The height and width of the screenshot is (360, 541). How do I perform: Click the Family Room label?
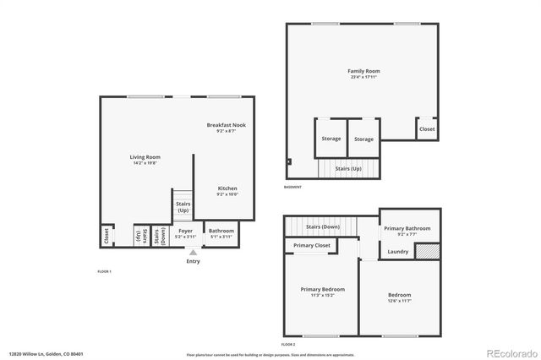[x=363, y=70]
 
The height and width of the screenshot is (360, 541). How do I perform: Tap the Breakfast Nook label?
[x=227, y=125]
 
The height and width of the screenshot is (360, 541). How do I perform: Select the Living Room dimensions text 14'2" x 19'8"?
[x=145, y=164]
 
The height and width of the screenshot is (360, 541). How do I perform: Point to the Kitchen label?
[x=227, y=188]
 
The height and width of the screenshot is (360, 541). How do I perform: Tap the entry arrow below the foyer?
[x=194, y=252]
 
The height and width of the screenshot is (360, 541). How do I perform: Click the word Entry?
[x=194, y=261]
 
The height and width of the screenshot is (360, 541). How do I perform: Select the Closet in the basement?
[x=427, y=128]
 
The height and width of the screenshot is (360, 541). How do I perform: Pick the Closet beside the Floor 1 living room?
[x=106, y=235]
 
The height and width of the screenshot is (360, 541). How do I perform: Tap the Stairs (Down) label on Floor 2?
[x=323, y=226]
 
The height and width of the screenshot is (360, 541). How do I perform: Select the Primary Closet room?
[x=311, y=245]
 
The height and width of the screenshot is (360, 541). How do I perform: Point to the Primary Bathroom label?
[x=407, y=228]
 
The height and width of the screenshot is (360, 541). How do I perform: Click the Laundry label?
[x=397, y=251]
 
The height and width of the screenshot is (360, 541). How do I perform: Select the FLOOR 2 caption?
[x=288, y=345]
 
